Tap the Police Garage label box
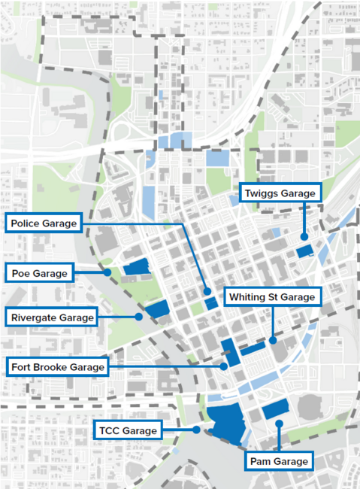(44, 223)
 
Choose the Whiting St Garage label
(273, 296)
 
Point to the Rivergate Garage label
(53, 317)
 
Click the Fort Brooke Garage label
(57, 366)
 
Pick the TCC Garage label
(128, 430)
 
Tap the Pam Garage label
(279, 460)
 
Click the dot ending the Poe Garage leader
(108, 272)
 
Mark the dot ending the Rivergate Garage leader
(139, 317)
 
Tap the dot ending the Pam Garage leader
(279, 424)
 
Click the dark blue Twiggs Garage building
(304, 251)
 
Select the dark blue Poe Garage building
(136, 267)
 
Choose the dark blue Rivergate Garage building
(158, 308)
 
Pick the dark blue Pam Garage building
(276, 409)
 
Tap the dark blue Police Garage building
(211, 302)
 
